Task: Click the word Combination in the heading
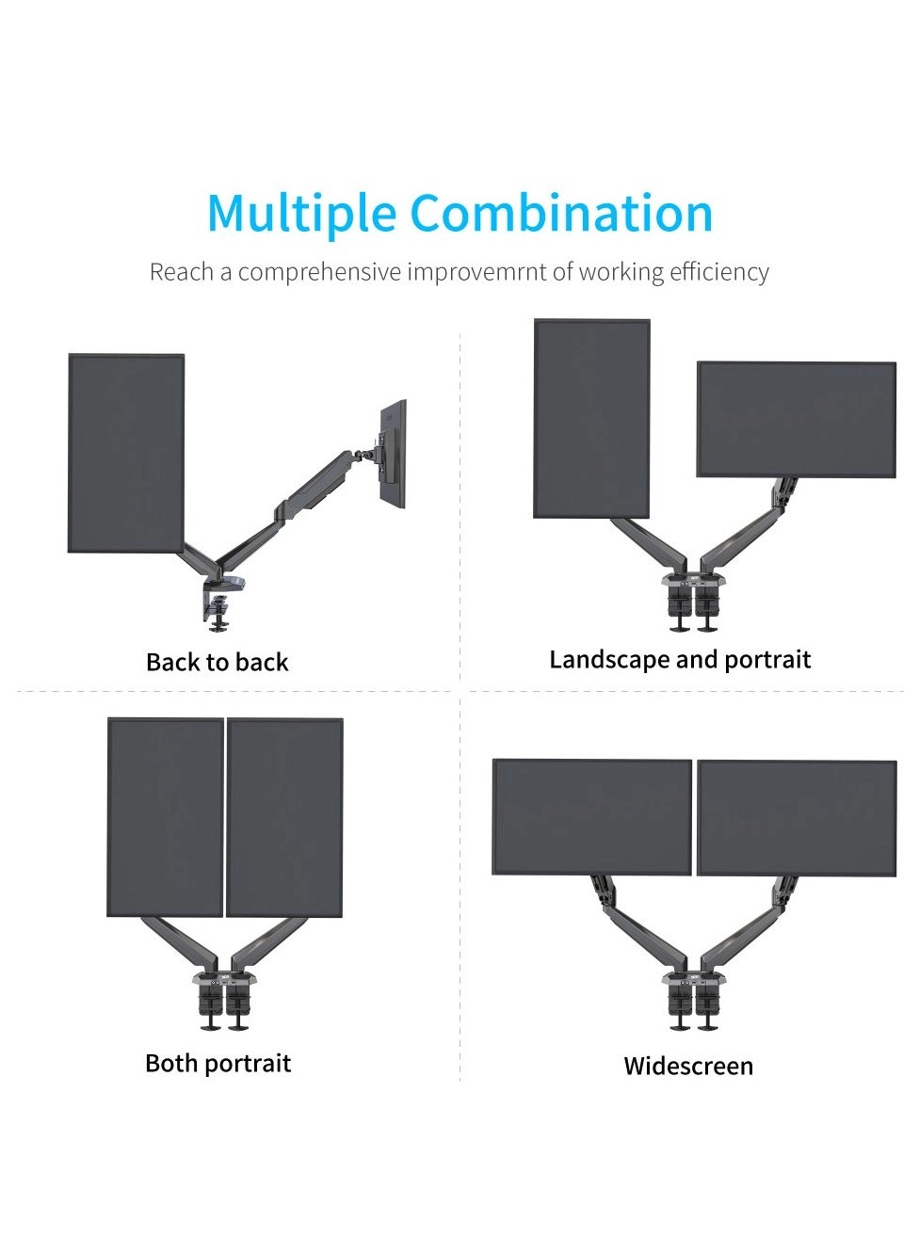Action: pos(561,212)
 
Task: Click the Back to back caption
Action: pos(217,663)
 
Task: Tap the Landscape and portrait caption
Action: pos(680,660)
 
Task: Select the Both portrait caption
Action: pos(218,1064)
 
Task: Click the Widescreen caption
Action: pos(688,1066)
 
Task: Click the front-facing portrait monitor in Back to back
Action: pos(126,453)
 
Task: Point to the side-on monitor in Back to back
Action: pos(394,454)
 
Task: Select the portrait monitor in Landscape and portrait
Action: pos(591,418)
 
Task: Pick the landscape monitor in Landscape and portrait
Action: pos(797,420)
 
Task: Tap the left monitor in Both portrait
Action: pos(165,818)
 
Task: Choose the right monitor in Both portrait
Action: pos(284,818)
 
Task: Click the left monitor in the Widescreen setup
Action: pos(591,817)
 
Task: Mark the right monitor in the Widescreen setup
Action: pos(798,818)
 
